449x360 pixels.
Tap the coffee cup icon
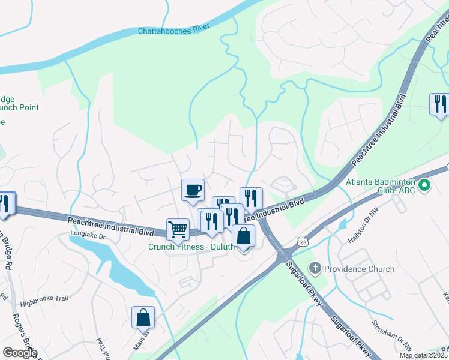[193, 190]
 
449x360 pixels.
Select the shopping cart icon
[178, 229]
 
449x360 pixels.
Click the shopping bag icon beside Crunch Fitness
[243, 235]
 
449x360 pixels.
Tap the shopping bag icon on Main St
[143, 317]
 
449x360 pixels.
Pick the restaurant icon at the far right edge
[440, 104]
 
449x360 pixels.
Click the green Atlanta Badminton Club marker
[426, 185]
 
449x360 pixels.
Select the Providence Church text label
[359, 269]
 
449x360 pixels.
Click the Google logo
[20, 353]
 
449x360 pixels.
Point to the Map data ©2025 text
[424, 355]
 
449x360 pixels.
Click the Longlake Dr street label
[88, 236]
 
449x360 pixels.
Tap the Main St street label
[140, 343]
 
